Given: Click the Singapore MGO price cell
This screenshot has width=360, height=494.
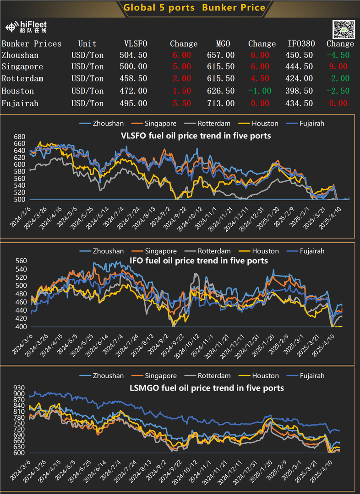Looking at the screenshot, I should (x=221, y=67).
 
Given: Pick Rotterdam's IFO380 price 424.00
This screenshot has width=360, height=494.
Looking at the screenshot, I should (x=300, y=79).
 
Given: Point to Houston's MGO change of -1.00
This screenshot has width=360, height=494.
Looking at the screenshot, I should (x=260, y=91).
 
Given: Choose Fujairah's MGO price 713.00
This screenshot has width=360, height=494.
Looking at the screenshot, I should (x=221, y=103).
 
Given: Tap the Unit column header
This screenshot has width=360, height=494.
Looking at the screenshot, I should (x=87, y=44).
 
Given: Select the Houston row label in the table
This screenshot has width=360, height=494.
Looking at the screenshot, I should (x=16, y=91).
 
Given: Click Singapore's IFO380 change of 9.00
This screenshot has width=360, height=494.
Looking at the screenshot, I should (x=340, y=67).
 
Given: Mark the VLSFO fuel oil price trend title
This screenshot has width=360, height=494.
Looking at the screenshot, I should (x=196, y=136).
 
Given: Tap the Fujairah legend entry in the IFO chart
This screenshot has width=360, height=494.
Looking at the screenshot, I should (x=311, y=251).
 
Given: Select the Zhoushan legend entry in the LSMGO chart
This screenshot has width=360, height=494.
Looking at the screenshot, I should (x=108, y=375).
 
